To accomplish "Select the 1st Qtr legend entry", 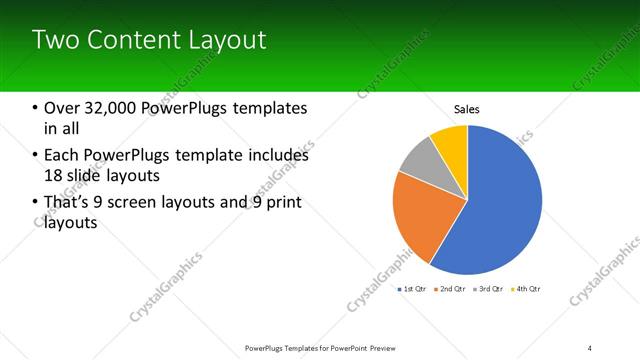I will (x=413, y=289).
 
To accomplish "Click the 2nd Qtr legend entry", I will (x=451, y=289).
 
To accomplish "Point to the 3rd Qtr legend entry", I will (x=489, y=289).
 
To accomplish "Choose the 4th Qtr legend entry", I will (x=527, y=289).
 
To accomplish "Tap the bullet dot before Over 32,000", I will (x=35, y=108).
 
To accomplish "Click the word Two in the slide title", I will (x=52, y=40).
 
